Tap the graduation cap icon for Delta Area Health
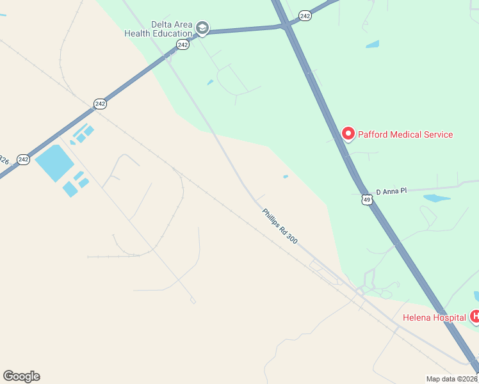click(202, 28)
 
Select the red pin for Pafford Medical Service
click(348, 134)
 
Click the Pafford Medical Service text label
click(405, 134)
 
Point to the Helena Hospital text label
click(434, 317)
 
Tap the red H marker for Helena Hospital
click(475, 316)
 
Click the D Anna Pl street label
click(391, 191)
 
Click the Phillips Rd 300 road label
click(280, 225)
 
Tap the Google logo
click(21, 376)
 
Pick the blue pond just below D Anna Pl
click(437, 198)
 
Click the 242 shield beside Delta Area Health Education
click(183, 44)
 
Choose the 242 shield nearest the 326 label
click(24, 159)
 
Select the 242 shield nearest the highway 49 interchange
click(305, 15)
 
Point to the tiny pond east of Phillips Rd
click(286, 177)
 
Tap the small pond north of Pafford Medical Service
click(372, 45)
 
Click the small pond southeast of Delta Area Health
click(210, 83)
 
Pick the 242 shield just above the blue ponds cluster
click(99, 103)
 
